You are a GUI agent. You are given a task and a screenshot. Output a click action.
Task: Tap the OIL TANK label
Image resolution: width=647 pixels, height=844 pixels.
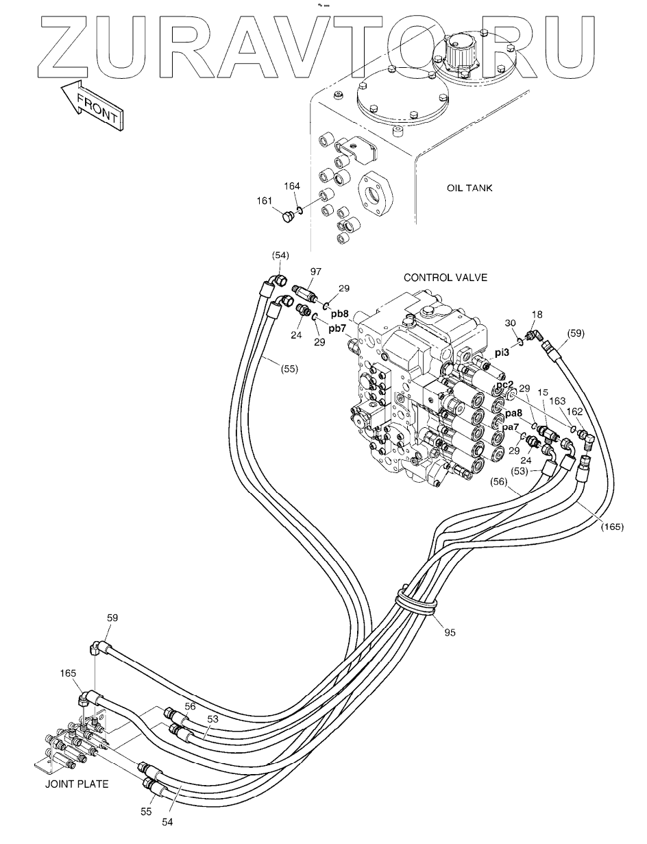point(469,188)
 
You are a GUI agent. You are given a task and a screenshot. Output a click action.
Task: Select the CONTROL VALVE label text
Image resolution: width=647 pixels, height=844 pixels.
point(445,278)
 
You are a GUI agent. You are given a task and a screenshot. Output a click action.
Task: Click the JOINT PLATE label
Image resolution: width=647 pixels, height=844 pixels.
point(77,784)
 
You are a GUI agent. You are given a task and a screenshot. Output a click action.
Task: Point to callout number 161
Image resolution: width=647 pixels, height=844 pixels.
point(265,202)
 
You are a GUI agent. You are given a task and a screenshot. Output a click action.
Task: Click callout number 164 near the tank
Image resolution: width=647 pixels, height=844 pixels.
point(293,185)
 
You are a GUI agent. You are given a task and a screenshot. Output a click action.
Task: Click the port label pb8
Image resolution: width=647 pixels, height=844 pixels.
point(340,313)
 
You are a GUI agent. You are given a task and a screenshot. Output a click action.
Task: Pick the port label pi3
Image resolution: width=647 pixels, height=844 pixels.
point(502,352)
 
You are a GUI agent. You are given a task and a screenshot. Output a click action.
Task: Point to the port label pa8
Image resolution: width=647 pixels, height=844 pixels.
point(515,413)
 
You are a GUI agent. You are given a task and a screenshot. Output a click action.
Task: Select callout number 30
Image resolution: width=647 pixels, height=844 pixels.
point(511,323)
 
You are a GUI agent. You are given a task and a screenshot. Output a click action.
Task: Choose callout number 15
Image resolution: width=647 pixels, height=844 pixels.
point(542,393)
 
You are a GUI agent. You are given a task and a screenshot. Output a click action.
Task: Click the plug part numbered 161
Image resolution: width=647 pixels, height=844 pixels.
point(287,218)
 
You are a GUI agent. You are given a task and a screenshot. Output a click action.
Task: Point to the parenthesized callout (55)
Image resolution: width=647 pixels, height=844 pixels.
point(289,368)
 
